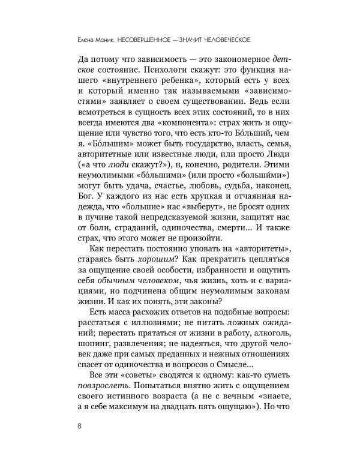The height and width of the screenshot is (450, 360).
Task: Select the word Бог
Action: point(79,217)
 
